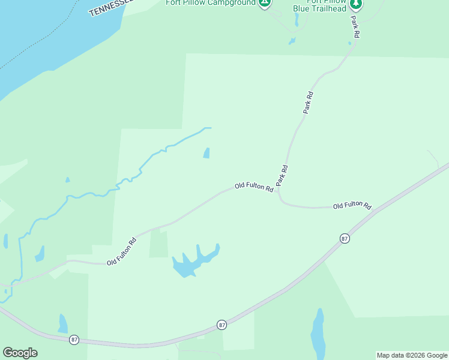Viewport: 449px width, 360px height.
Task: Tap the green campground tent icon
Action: [264, 3]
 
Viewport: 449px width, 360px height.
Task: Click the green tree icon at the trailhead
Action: [356, 4]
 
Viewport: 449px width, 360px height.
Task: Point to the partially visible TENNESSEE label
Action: [110, 7]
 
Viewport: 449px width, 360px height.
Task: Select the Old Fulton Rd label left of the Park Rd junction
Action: [254, 187]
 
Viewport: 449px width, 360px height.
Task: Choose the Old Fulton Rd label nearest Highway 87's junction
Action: [352, 205]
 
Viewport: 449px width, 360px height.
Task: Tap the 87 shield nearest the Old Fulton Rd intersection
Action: [344, 238]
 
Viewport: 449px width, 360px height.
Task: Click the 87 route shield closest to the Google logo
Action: [74, 339]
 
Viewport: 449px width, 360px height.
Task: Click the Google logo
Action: [20, 353]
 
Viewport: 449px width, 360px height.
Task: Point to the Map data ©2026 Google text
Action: [412, 355]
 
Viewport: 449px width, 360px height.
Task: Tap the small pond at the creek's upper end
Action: [206, 153]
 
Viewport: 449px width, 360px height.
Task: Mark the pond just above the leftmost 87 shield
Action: [62, 323]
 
